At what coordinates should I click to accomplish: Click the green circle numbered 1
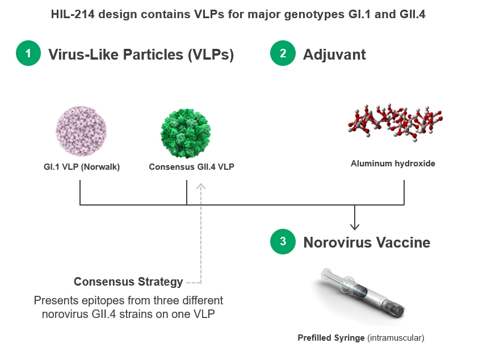tap(28, 53)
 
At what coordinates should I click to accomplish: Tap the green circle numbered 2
tap(283, 53)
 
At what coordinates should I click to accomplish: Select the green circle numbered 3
tap(283, 241)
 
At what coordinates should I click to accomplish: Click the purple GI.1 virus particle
tap(81, 131)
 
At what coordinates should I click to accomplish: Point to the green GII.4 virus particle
tap(186, 133)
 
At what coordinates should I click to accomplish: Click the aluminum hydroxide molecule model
tap(395, 122)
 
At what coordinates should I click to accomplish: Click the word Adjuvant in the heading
tap(334, 55)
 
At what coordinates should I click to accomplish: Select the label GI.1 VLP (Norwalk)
tap(82, 167)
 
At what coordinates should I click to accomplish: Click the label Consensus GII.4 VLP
tap(192, 167)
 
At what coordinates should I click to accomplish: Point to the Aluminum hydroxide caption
tap(393, 164)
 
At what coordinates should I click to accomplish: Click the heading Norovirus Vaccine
tap(367, 242)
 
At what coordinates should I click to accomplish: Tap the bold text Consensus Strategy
tap(128, 282)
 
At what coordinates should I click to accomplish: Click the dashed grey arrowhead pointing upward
tap(201, 186)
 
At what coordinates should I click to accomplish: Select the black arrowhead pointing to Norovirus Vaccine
tap(355, 227)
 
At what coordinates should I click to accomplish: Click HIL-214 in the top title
tap(73, 14)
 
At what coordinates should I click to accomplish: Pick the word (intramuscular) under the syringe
tap(396, 338)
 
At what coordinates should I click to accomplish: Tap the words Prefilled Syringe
tap(331, 338)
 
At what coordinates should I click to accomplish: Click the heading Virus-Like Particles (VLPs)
tap(141, 55)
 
